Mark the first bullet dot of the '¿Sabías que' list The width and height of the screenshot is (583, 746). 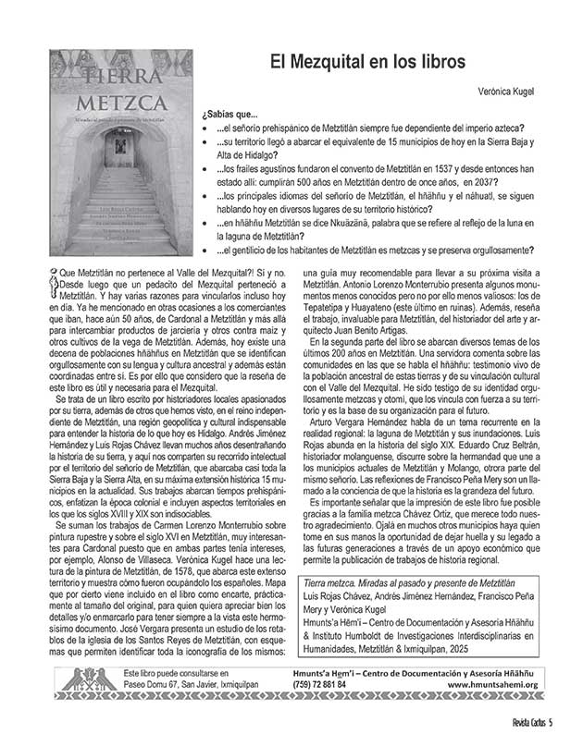pos(205,128)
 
